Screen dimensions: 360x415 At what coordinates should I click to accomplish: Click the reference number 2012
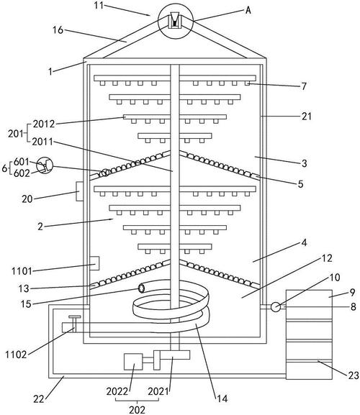44,124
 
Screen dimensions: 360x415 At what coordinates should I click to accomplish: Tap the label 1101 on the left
22,271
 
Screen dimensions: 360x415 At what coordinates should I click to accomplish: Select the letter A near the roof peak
248,10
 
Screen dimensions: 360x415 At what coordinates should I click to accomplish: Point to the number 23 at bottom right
354,375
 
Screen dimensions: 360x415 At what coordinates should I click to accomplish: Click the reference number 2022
117,391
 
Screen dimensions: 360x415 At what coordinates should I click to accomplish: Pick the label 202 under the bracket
138,410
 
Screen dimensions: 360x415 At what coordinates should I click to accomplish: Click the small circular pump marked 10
276,307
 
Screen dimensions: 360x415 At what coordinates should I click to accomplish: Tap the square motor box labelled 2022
133,362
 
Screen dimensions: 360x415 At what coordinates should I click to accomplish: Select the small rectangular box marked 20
80,191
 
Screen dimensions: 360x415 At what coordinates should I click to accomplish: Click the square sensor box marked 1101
94,263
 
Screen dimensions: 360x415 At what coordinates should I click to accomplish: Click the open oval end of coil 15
141,288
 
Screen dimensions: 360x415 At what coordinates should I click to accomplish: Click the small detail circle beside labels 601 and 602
45,165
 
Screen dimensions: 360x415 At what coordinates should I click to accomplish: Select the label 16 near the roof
58,30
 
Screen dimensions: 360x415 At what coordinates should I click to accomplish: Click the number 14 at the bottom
222,398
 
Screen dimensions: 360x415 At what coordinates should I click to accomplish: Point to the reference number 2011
42,142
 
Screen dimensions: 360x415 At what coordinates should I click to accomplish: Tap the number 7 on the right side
304,86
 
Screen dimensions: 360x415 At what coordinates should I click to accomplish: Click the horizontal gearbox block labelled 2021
175,355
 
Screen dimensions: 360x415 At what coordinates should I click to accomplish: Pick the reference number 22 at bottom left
39,399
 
